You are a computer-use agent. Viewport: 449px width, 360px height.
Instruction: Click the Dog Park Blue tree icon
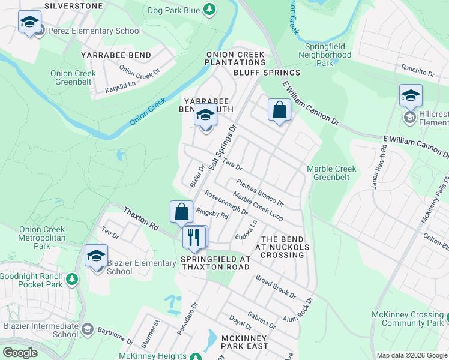coord(209,9)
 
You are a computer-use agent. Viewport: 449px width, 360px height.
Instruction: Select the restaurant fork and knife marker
coord(194,236)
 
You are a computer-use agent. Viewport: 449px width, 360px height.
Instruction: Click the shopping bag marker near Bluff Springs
coord(279,110)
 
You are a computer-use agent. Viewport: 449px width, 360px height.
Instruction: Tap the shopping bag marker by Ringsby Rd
coord(181,212)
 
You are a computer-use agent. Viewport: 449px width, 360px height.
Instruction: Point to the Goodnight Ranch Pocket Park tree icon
coord(72,279)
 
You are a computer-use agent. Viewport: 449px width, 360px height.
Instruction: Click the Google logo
coord(20,353)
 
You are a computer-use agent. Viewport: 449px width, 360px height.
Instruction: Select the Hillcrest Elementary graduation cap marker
coord(411,96)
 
